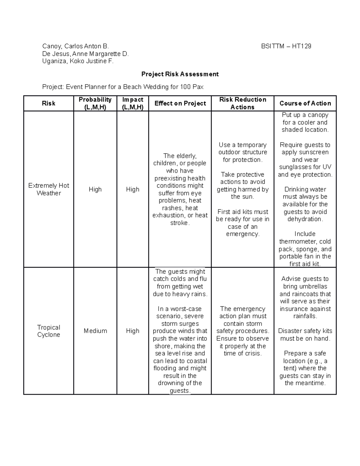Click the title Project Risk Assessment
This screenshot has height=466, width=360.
point(180,74)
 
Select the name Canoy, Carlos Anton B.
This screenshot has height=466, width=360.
point(75,46)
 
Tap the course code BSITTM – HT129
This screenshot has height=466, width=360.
point(286,46)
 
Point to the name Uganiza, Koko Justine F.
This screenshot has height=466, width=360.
point(78,61)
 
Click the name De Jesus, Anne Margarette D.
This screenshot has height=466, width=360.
point(85,54)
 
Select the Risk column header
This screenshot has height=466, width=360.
point(49,104)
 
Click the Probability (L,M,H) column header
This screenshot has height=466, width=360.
point(95,104)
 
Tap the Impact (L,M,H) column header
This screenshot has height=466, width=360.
point(133,104)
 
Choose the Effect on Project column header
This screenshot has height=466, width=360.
point(180,104)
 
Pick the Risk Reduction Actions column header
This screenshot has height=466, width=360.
point(242,104)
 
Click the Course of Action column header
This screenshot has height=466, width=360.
point(305,104)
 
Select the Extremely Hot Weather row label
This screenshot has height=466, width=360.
point(49,189)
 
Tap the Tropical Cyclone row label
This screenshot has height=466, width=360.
point(49,331)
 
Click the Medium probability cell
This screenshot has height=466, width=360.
point(95,331)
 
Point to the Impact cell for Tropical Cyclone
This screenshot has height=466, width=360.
point(133,331)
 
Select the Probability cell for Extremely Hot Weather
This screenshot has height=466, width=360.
point(95,189)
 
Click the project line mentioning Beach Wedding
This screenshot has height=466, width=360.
point(123,87)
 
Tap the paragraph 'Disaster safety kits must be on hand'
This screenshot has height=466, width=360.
point(305,335)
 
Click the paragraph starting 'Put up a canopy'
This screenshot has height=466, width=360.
point(305,122)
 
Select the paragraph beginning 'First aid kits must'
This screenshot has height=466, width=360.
point(242,223)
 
